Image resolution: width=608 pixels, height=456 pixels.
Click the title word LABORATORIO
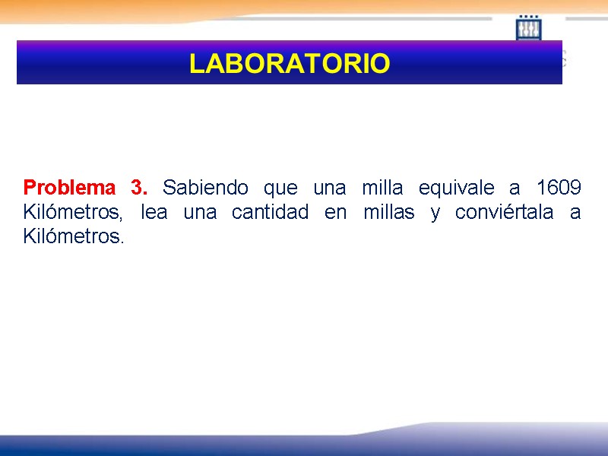coord(289,64)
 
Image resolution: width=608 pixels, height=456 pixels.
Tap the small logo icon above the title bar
coord(528,28)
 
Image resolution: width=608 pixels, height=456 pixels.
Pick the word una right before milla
coord(329,187)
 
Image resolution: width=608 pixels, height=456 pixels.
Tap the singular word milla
coord(382,187)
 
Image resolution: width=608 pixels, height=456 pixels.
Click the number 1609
coord(559,187)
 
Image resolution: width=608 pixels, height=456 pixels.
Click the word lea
coord(154,212)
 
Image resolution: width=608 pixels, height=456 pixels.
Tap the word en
coord(335,212)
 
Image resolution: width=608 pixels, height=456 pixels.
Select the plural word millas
coord(389,212)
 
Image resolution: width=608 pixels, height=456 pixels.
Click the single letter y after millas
coord(435,214)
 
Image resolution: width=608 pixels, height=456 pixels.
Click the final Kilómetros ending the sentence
coord(73,236)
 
